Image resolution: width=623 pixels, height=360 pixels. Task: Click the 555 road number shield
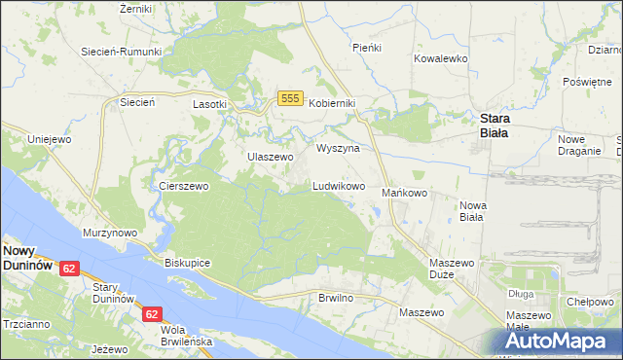coord(288,98)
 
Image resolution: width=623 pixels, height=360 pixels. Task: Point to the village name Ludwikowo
coord(339,185)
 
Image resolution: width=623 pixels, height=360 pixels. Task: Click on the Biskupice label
coord(188,263)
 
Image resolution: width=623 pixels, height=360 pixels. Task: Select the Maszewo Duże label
coord(451,270)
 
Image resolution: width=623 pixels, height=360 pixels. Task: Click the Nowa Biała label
coord(472,211)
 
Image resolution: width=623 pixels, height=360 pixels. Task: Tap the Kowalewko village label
coord(441,58)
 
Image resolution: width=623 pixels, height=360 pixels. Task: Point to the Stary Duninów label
coord(112,293)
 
